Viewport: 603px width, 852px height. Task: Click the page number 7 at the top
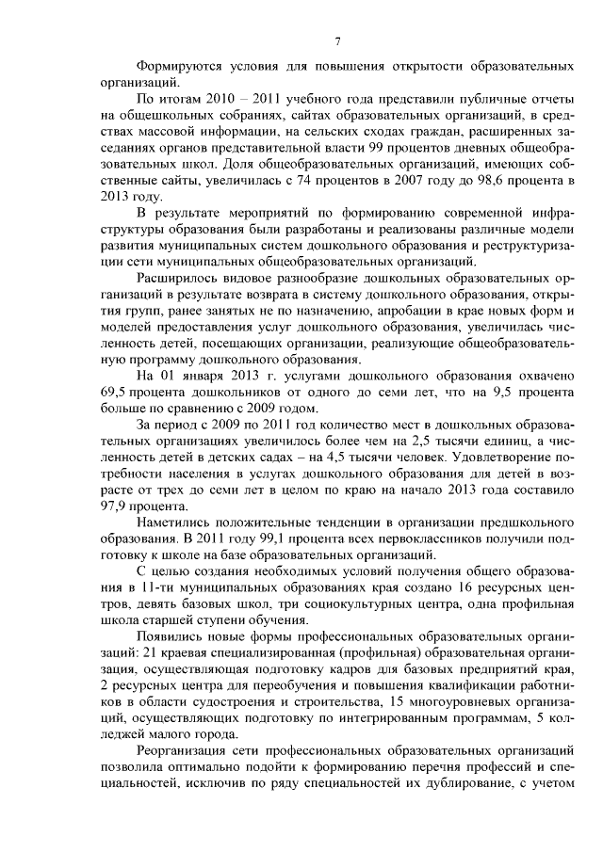[336, 39]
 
